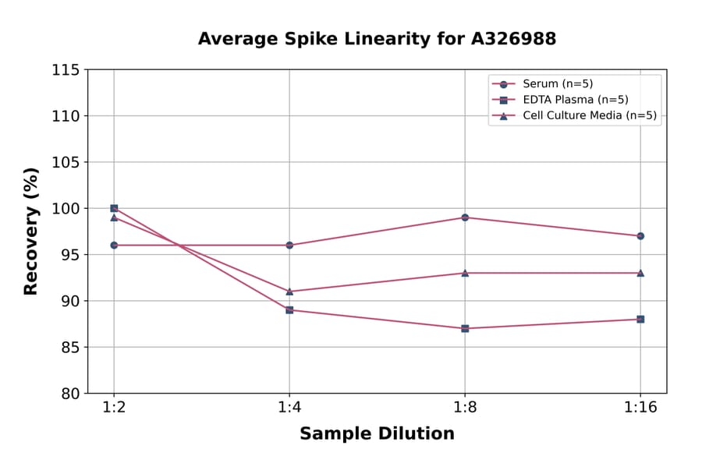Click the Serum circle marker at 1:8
pyautogui.click(x=465, y=217)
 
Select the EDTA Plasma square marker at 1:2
pyautogui.click(x=114, y=208)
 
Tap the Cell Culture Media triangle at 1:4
pyautogui.click(x=289, y=292)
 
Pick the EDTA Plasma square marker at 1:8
pyautogui.click(x=465, y=328)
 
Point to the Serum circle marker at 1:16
pyautogui.click(x=640, y=235)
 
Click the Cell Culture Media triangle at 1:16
pyautogui.click(x=640, y=273)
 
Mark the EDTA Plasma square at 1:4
pyautogui.click(x=289, y=310)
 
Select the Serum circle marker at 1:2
pyautogui.click(x=114, y=245)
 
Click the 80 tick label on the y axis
pyautogui.click(x=70, y=394)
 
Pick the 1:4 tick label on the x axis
pyautogui.click(x=289, y=408)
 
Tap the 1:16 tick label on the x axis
pyautogui.click(x=640, y=408)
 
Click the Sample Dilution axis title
pyautogui.click(x=377, y=433)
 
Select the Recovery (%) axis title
pyautogui.click(x=31, y=231)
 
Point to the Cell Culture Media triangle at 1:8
pyautogui.click(x=465, y=273)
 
